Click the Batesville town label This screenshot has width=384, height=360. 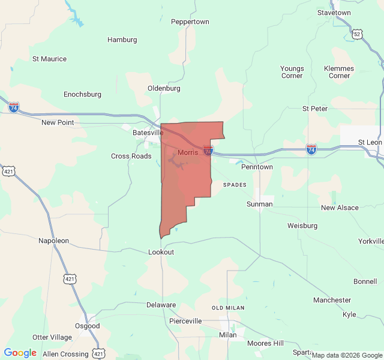[148, 133]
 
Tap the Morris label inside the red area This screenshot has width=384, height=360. [188, 152]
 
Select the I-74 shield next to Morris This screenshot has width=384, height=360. [208, 151]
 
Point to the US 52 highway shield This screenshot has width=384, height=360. [358, 34]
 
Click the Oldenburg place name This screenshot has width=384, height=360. [164, 88]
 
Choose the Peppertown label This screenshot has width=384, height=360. [190, 22]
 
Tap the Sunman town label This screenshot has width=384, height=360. [260, 204]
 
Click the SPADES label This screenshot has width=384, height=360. [235, 185]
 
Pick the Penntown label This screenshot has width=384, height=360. [257, 167]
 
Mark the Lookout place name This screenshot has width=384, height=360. [161, 252]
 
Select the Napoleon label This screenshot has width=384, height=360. [54, 241]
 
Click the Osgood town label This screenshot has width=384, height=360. [88, 326]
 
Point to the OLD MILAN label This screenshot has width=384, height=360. [228, 308]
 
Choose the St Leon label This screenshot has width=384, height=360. [370, 142]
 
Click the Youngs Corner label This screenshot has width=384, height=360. [292, 72]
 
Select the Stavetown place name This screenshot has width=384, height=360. [334, 13]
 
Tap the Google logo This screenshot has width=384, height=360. [20, 353]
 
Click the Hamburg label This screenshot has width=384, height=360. [122, 40]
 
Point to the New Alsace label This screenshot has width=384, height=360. [340, 208]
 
